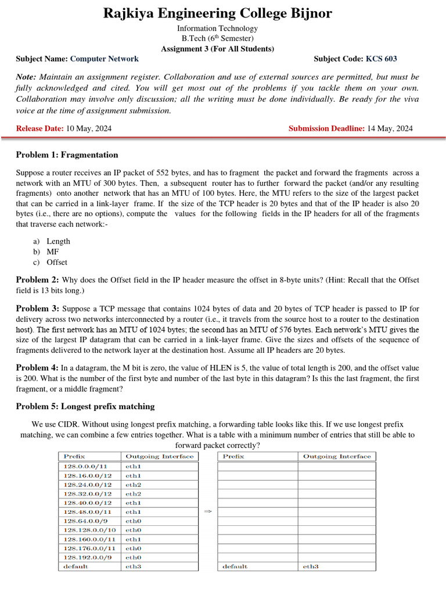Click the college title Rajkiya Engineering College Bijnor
coord(218,13)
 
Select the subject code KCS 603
coord(381,59)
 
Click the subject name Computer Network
coord(104,59)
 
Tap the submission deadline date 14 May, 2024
coord(390,128)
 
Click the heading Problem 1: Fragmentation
coord(67,155)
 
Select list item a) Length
coord(58,241)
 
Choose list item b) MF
coord(53,252)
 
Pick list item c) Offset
coord(57,262)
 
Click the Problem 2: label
coord(37,279)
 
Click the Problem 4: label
coord(37,368)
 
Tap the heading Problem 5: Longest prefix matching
coord(85,406)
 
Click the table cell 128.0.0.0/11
coord(85,466)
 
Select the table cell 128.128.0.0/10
coord(89,530)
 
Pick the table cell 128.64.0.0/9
coord(85,521)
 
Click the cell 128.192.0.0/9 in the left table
coord(87,557)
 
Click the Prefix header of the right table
coord(233,457)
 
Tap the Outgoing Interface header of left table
coord(159,457)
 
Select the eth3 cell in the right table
coord(311,567)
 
